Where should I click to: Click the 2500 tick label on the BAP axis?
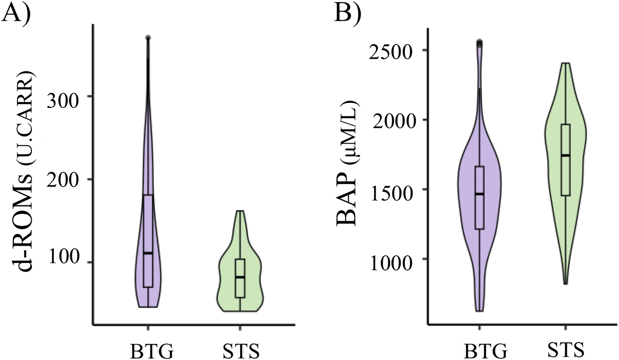pos(392,50)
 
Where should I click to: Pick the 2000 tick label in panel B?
pos(392,120)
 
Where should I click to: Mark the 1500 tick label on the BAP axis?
pos(392,189)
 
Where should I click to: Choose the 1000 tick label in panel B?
pos(392,259)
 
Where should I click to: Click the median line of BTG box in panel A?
pos(148,253)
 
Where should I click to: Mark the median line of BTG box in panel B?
pos(479,194)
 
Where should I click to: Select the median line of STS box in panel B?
pos(566,155)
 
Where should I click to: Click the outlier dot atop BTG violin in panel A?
pos(148,38)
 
